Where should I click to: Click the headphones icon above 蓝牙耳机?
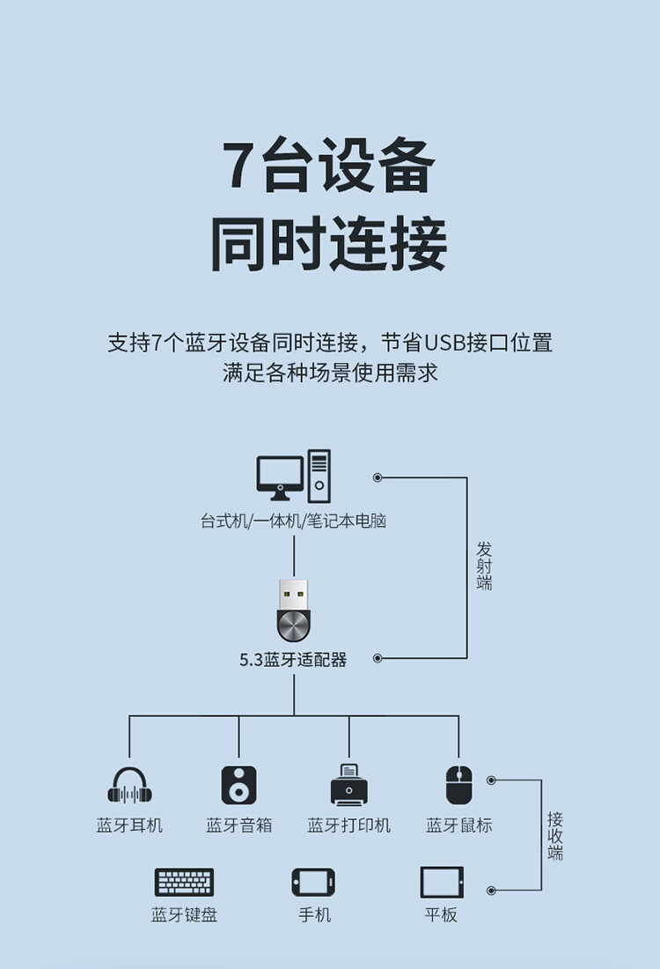click(129, 785)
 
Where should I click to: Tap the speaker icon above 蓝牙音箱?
click(238, 784)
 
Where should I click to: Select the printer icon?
click(348, 784)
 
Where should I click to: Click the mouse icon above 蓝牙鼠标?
click(458, 784)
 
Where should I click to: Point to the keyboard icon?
click(184, 882)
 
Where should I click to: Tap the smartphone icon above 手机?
click(313, 882)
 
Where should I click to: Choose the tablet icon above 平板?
click(442, 882)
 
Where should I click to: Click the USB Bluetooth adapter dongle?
click(294, 610)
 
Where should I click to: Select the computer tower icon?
click(319, 476)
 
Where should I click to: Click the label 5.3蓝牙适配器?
click(293, 659)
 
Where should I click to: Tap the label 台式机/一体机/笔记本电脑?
click(293, 521)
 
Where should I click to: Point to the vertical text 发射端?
click(484, 566)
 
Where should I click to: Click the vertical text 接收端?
click(555, 835)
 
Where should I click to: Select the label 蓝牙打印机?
click(348, 825)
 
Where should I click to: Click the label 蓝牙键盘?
click(184, 915)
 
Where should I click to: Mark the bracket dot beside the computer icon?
click(378, 477)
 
